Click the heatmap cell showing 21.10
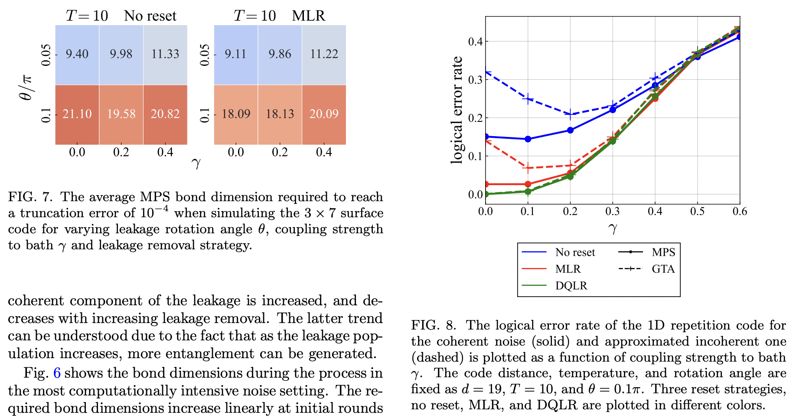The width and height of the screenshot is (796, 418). click(77, 114)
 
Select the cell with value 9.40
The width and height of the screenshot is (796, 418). click(77, 54)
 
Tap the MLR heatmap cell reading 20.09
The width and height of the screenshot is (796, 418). click(324, 114)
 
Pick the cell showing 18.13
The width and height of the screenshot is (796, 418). click(280, 114)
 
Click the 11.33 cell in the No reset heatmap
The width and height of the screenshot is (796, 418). click(165, 54)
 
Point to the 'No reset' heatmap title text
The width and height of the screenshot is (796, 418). click(150, 16)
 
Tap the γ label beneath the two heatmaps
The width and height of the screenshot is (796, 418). click(196, 163)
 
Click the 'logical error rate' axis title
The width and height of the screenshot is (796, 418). click(457, 111)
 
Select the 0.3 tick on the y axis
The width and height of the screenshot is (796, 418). click(475, 80)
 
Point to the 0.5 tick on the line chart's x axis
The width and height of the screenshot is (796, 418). click(697, 212)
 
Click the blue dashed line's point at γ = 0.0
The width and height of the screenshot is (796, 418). click(486, 72)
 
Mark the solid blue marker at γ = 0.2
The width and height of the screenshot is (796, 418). click(570, 130)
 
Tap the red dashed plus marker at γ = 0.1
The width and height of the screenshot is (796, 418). click(528, 168)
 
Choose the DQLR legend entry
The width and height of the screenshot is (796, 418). click(571, 286)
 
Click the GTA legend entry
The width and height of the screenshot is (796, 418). click(663, 269)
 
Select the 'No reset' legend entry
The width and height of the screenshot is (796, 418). click(575, 252)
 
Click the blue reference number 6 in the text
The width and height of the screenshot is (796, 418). click(57, 373)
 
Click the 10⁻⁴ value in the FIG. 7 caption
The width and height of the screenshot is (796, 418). click(155, 212)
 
